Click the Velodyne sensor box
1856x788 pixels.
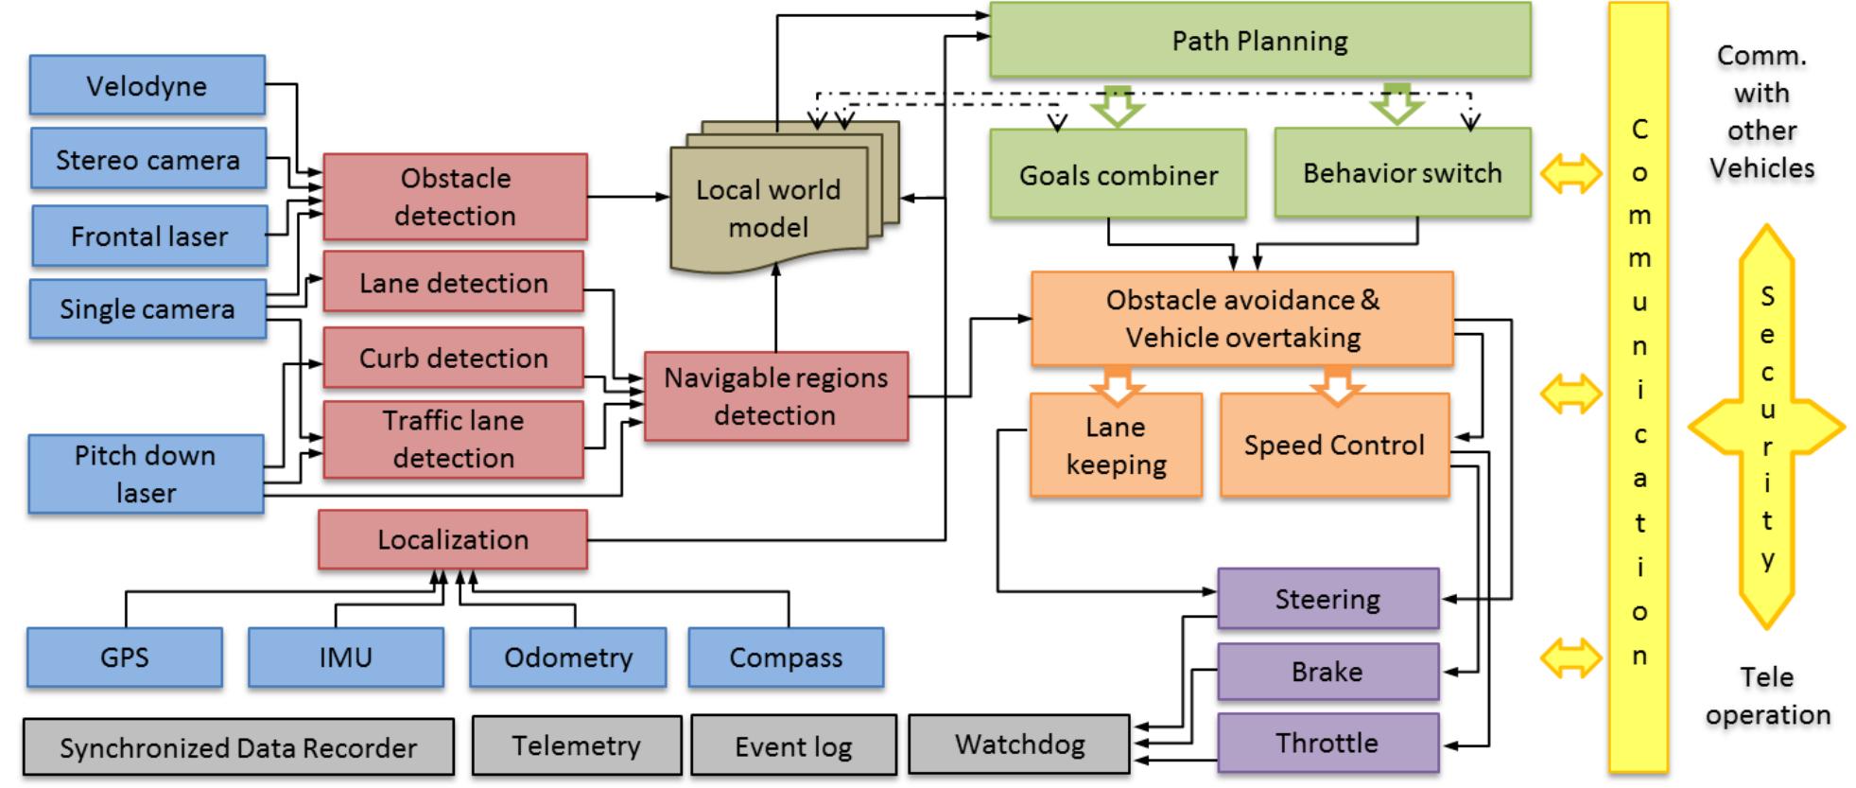[x=147, y=85]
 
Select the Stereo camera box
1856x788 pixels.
[x=147, y=159]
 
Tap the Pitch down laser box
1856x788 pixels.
[x=146, y=474]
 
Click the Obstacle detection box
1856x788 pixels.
[x=455, y=197]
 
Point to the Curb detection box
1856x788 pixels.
[x=453, y=358]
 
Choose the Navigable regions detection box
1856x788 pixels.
[x=775, y=396]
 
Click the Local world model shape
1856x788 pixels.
[x=768, y=208]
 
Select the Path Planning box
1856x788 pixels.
[x=1259, y=41]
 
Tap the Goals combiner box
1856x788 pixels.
[x=1118, y=175]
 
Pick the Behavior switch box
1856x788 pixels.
[x=1402, y=173]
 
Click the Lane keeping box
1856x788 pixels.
[x=1116, y=446]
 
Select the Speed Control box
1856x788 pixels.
[x=1334, y=446]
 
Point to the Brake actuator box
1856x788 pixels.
[x=1327, y=672]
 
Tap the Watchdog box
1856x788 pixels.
[x=1019, y=744]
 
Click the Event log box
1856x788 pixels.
[x=793, y=746]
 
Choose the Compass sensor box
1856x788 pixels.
[x=786, y=657]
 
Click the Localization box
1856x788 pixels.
[x=453, y=540]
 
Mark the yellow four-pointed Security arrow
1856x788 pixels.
[x=1766, y=427]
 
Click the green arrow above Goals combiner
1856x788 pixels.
[x=1117, y=106]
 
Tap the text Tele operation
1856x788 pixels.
[x=1767, y=695]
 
